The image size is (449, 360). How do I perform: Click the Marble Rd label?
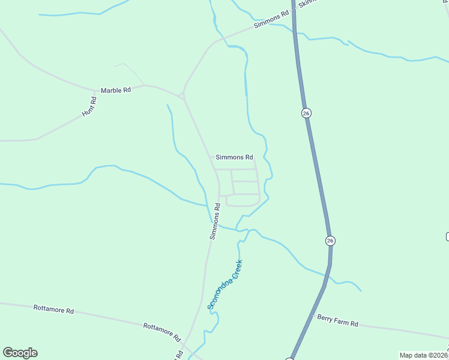[115, 90]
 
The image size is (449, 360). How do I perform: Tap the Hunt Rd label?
[89, 106]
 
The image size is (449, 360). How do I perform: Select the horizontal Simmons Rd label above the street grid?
[234, 157]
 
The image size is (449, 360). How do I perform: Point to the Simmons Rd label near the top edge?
[267, 21]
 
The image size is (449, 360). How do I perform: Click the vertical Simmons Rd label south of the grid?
[215, 221]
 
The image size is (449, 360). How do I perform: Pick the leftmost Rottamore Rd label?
[53, 310]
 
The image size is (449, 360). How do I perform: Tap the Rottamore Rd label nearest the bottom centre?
[162, 329]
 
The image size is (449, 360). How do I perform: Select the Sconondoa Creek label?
[225, 284]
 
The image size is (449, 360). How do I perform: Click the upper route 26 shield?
[306, 113]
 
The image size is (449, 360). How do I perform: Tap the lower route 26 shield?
[330, 241]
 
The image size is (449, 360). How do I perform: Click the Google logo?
[20, 353]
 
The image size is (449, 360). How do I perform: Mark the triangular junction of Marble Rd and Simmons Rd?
[182, 94]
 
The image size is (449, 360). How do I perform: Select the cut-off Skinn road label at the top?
[306, 2]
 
